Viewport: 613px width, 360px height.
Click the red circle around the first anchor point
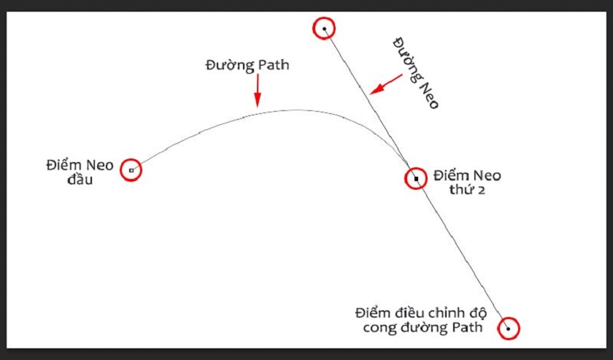click(131, 170)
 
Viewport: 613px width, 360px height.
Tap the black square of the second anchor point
click(417, 179)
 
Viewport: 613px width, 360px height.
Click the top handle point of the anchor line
click(325, 28)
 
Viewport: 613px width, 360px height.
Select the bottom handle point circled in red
click(508, 329)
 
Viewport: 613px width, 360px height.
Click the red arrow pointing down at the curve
click(257, 91)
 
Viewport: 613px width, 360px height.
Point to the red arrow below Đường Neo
click(386, 84)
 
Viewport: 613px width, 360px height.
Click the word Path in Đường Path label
click(272, 65)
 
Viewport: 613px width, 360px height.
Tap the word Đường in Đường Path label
click(229, 65)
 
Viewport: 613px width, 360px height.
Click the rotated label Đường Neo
click(415, 73)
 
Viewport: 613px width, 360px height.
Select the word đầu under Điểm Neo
click(80, 180)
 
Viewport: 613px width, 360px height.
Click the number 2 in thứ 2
click(482, 191)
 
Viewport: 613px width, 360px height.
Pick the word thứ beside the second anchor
click(462, 189)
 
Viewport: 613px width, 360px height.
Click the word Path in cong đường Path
click(467, 326)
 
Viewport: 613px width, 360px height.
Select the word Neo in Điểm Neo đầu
click(100, 166)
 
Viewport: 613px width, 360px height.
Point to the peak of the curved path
click(297, 110)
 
